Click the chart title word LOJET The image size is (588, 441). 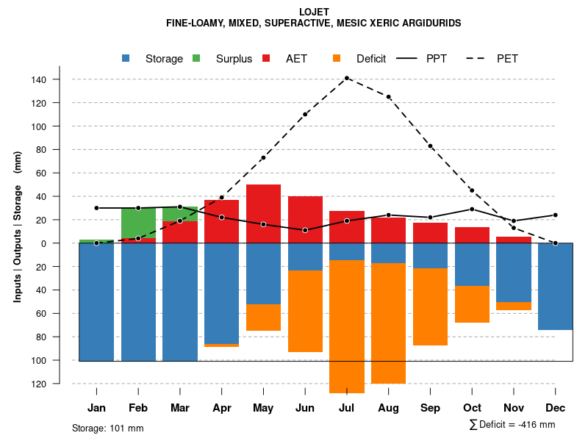315,12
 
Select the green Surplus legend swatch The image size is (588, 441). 197,59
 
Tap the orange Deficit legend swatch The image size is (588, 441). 337,59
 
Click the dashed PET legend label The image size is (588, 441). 507,59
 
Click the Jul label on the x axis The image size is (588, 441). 347,408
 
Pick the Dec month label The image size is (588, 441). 556,408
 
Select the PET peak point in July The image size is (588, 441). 347,78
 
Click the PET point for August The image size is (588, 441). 389,97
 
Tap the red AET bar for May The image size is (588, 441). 263,213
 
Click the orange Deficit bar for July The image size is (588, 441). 347,327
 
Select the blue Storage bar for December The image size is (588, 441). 556,287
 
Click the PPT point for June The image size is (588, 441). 305,230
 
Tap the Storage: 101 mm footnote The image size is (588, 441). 107,429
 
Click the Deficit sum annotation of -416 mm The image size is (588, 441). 512,425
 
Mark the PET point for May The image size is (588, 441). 263,158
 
